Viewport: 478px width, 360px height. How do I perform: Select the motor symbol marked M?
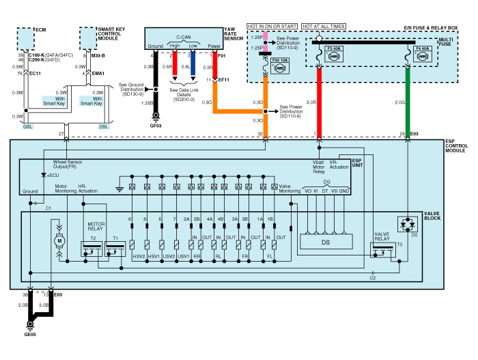point(59,240)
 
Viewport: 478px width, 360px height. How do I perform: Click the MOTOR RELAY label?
point(95,226)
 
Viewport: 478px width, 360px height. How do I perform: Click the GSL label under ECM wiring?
point(27,126)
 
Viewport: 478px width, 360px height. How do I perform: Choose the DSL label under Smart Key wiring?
point(103,126)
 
